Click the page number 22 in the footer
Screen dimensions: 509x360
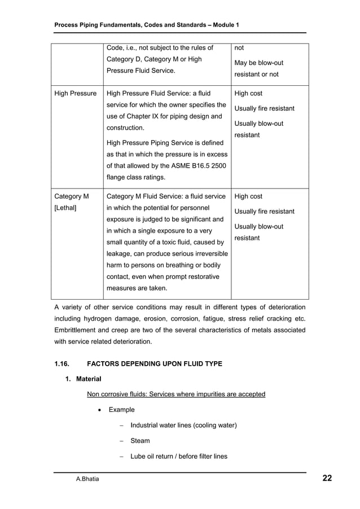(327, 479)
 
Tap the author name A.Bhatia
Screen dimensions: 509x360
(89, 480)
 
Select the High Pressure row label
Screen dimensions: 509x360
(74, 94)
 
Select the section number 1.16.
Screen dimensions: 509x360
(63, 363)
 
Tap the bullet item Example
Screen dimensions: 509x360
(121, 410)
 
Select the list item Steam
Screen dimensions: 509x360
(140, 441)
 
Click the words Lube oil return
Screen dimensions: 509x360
(154, 457)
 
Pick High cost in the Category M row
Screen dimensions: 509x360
(248, 196)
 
